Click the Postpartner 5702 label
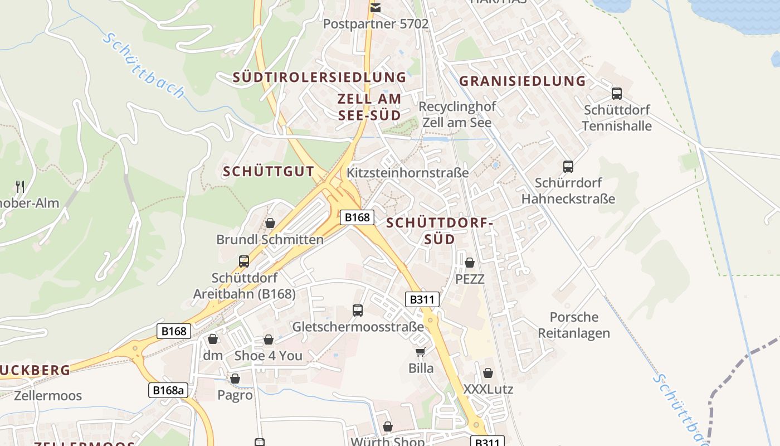376,24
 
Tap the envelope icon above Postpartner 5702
376,7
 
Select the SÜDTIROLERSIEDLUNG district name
319,77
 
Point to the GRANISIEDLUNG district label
522,81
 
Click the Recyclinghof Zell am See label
457,114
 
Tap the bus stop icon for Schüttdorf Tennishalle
616,94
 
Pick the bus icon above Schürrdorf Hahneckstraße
568,166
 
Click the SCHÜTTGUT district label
269,172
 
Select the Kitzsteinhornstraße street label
407,173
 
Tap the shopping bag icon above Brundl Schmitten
270,223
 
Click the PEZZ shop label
470,279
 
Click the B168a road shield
168,390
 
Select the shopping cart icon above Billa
420,352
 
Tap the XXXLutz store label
488,389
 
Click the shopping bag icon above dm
212,339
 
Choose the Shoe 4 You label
268,356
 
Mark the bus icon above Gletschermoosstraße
358,310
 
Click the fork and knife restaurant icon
20,186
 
